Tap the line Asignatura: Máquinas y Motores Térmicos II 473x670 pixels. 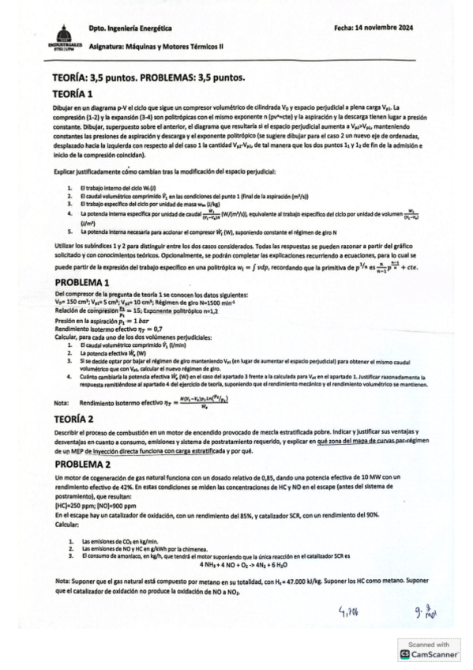point(156,46)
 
